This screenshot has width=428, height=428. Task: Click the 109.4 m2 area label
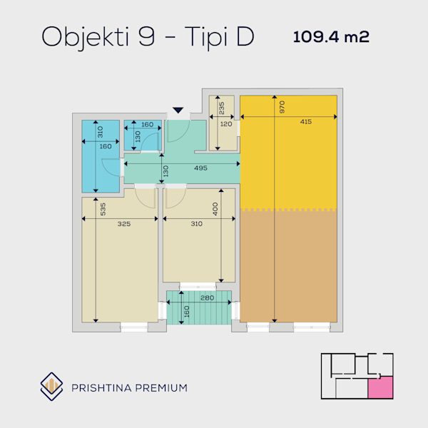pyautogui.click(x=331, y=36)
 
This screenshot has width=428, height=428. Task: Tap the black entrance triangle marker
pyautogui.click(x=178, y=110)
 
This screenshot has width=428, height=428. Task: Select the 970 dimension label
pyautogui.click(x=282, y=107)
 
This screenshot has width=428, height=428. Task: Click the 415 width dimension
pyautogui.click(x=306, y=122)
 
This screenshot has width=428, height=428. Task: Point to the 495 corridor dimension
pyautogui.click(x=200, y=168)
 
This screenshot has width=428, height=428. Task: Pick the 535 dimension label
pyautogui.click(x=103, y=209)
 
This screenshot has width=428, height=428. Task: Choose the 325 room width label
pyautogui.click(x=124, y=224)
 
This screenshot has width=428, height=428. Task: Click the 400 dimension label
pyautogui.click(x=215, y=209)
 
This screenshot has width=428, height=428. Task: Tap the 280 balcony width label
pyautogui.click(x=207, y=297)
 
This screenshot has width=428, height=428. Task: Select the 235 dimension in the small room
pyautogui.click(x=222, y=108)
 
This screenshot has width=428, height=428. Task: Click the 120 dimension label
pyautogui.click(x=226, y=124)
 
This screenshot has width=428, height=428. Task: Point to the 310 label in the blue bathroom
pyautogui.click(x=100, y=132)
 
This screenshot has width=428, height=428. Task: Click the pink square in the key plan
pyautogui.click(x=380, y=387)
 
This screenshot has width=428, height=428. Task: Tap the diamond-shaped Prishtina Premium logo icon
pyautogui.click(x=51, y=387)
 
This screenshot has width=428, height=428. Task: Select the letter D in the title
pyautogui.click(x=245, y=36)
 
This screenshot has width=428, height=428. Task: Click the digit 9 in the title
pyautogui.click(x=146, y=36)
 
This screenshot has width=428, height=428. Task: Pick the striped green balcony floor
pyautogui.click(x=199, y=307)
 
